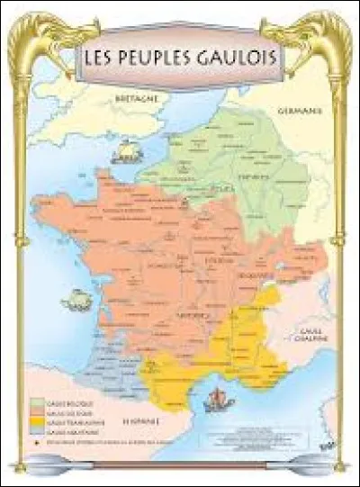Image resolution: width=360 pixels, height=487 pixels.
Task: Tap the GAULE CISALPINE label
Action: click(x=313, y=336)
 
